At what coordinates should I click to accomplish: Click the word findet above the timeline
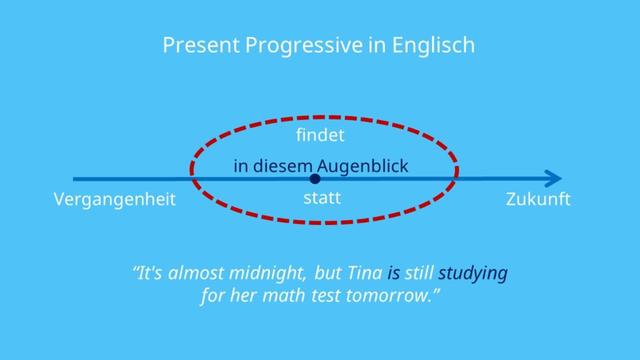[x=321, y=134]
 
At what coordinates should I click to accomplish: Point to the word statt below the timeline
[x=321, y=198]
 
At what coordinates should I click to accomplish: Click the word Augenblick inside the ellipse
[x=362, y=165]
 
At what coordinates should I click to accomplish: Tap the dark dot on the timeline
[x=315, y=179]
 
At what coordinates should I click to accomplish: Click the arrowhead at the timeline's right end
[x=552, y=179]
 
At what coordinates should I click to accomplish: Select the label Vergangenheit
[x=114, y=200]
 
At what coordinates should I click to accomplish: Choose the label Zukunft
[x=538, y=200]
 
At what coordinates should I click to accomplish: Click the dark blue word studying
[x=473, y=273]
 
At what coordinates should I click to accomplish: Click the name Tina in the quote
[x=363, y=273]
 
